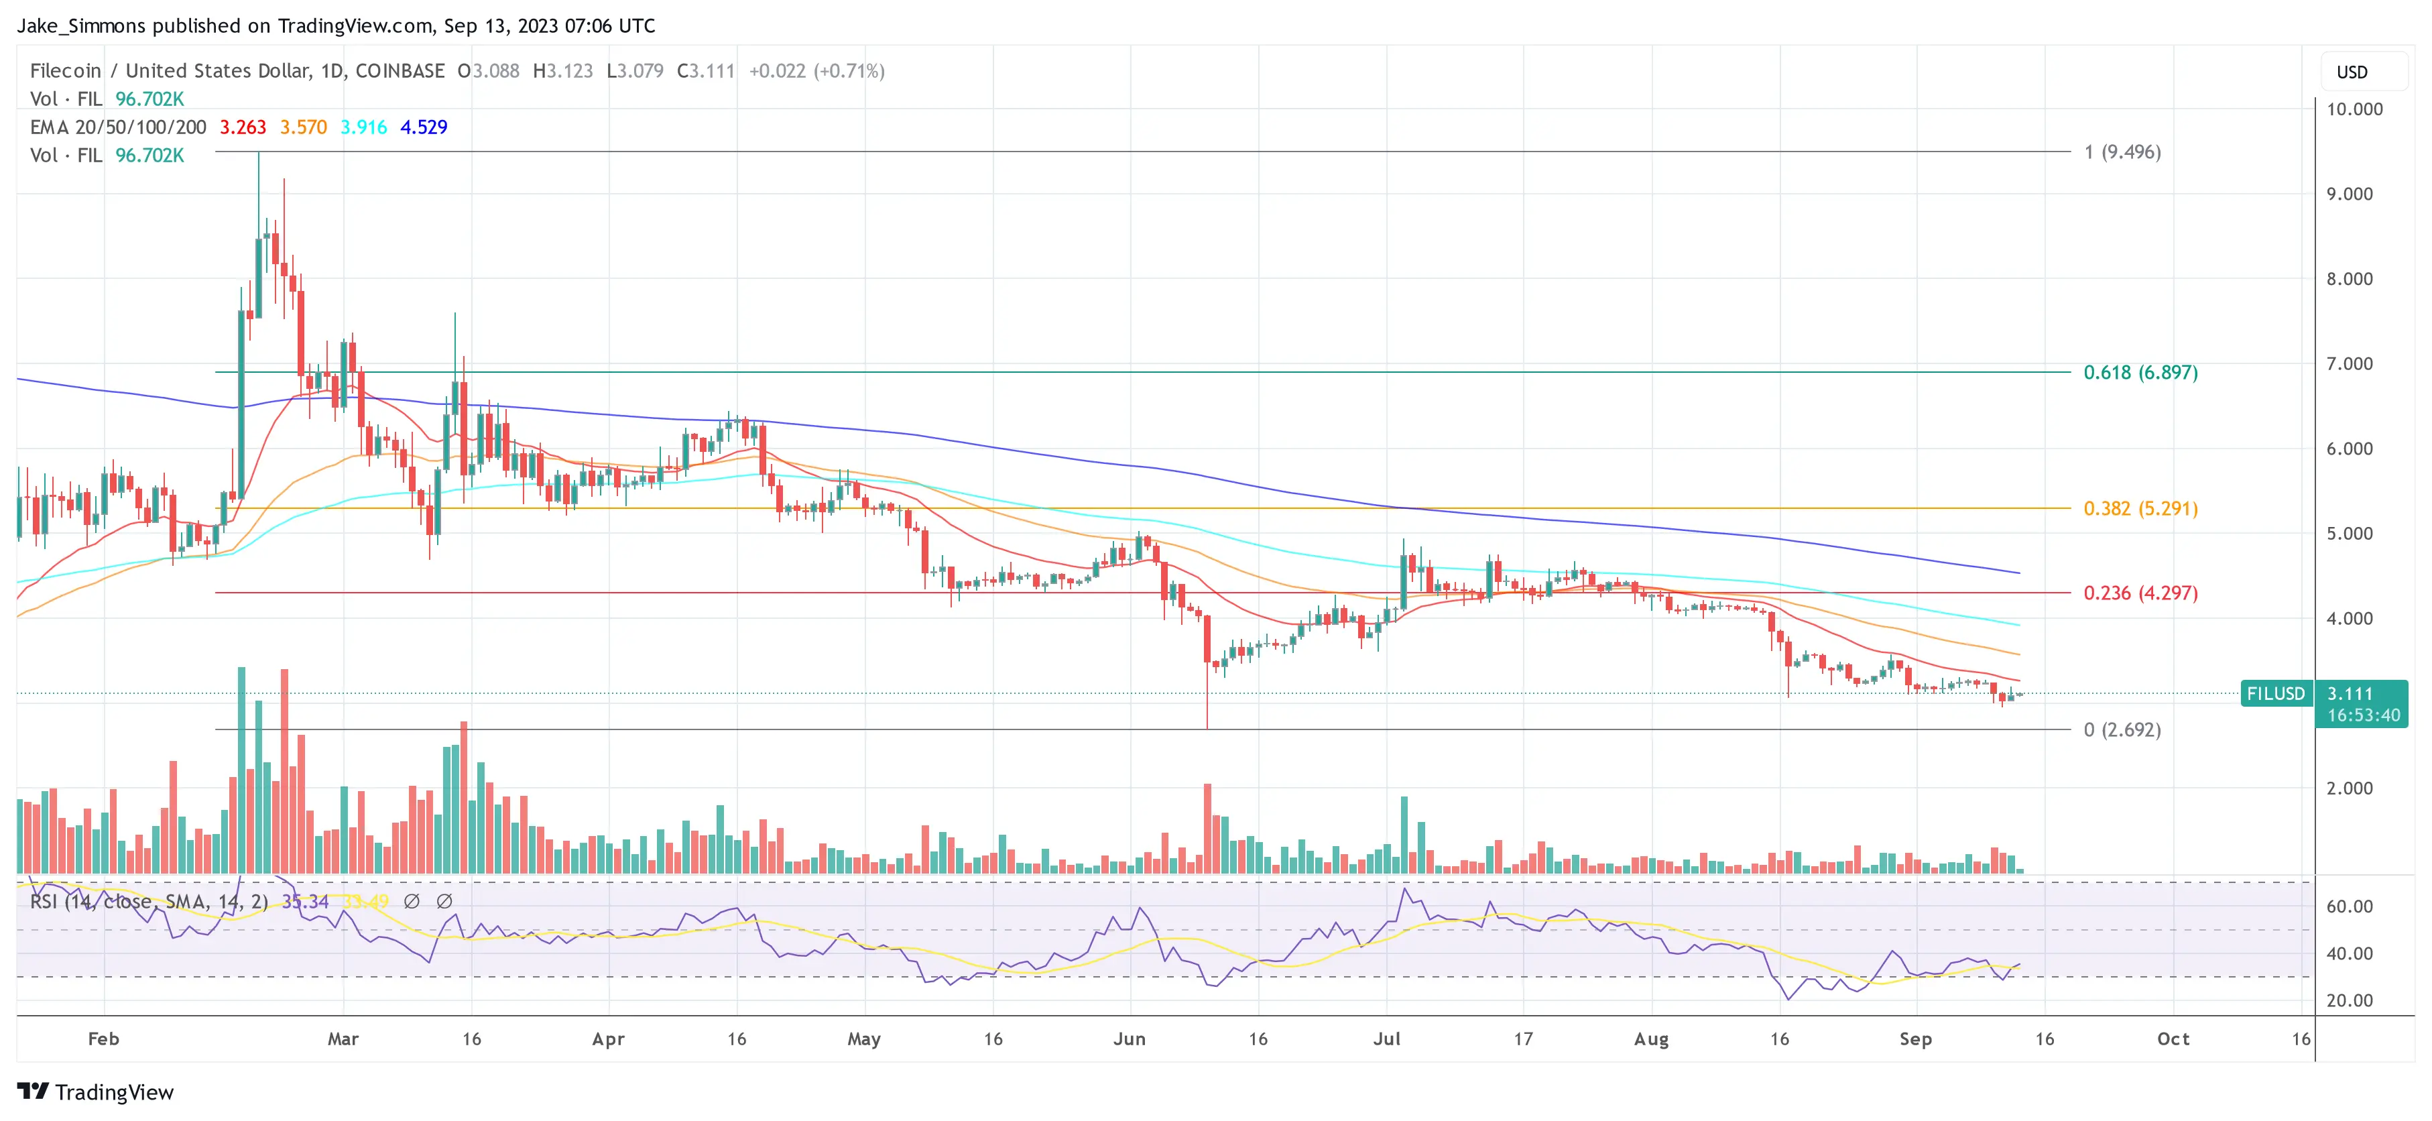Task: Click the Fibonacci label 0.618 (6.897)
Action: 2140,372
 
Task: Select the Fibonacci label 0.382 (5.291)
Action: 2140,508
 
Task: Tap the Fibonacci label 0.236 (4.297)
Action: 2140,593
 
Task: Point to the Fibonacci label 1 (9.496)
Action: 2122,152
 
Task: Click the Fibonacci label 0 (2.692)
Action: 2122,729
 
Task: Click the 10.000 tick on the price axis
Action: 2354,109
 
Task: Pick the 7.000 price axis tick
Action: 2349,363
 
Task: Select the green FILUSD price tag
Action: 2275,694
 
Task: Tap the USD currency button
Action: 2352,72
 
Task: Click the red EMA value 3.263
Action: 243,127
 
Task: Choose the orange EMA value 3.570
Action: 303,127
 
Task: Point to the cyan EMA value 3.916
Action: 363,127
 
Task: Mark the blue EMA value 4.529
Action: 424,127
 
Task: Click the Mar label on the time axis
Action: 343,1039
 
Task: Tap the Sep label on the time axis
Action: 1916,1039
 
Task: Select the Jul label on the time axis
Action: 1387,1039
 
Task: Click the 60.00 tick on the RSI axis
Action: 2349,906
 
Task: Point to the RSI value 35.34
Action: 305,902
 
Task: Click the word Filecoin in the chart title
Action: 65,71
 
